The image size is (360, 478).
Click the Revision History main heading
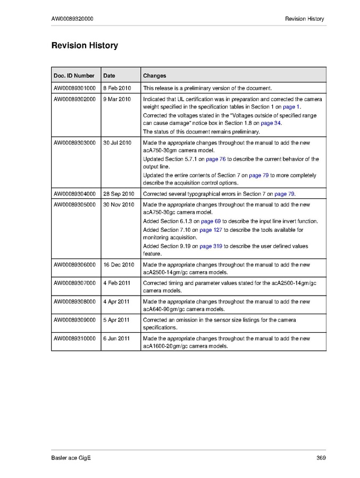click(85, 46)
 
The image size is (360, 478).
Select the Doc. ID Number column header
click(74, 76)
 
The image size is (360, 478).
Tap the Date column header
click(109, 76)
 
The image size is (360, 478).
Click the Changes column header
click(154, 76)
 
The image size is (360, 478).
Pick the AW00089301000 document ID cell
click(74, 88)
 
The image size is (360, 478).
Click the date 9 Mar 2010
click(116, 99)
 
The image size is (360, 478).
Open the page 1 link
click(291, 107)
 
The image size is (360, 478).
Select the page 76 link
click(216, 159)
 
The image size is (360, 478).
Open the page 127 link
click(211, 230)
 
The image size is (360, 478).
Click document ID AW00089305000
click(74, 205)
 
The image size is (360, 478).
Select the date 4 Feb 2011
click(116, 283)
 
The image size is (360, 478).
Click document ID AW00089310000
click(74, 338)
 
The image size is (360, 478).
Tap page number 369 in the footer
click(321, 458)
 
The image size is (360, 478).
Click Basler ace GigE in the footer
click(68, 458)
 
